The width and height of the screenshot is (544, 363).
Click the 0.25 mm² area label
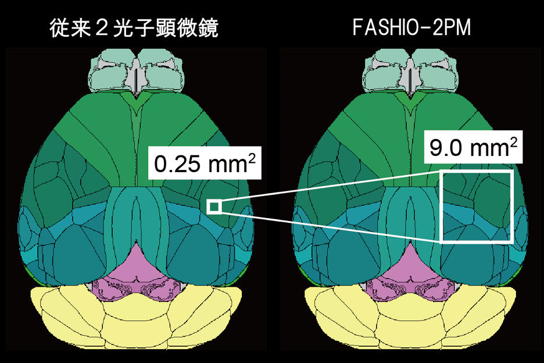pyautogui.click(x=205, y=163)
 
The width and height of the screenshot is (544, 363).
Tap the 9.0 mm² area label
pyautogui.click(x=473, y=147)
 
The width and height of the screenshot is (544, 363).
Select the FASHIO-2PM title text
pyautogui.click(x=411, y=27)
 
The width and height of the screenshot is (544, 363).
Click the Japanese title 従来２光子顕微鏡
pyautogui.click(x=134, y=28)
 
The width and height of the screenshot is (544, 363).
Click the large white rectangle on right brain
pyautogui.click(x=441, y=206)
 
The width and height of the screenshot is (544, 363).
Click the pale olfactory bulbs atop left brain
pyautogui.click(x=136, y=70)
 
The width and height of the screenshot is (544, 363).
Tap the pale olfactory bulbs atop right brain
pyautogui.click(x=410, y=70)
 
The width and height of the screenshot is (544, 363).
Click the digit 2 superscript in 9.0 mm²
pyautogui.click(x=514, y=142)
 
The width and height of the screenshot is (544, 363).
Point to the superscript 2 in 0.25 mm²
pyautogui.click(x=252, y=159)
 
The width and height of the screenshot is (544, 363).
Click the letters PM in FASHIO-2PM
pyautogui.click(x=457, y=27)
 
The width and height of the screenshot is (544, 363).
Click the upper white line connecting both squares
pyautogui.click(x=330, y=186)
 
